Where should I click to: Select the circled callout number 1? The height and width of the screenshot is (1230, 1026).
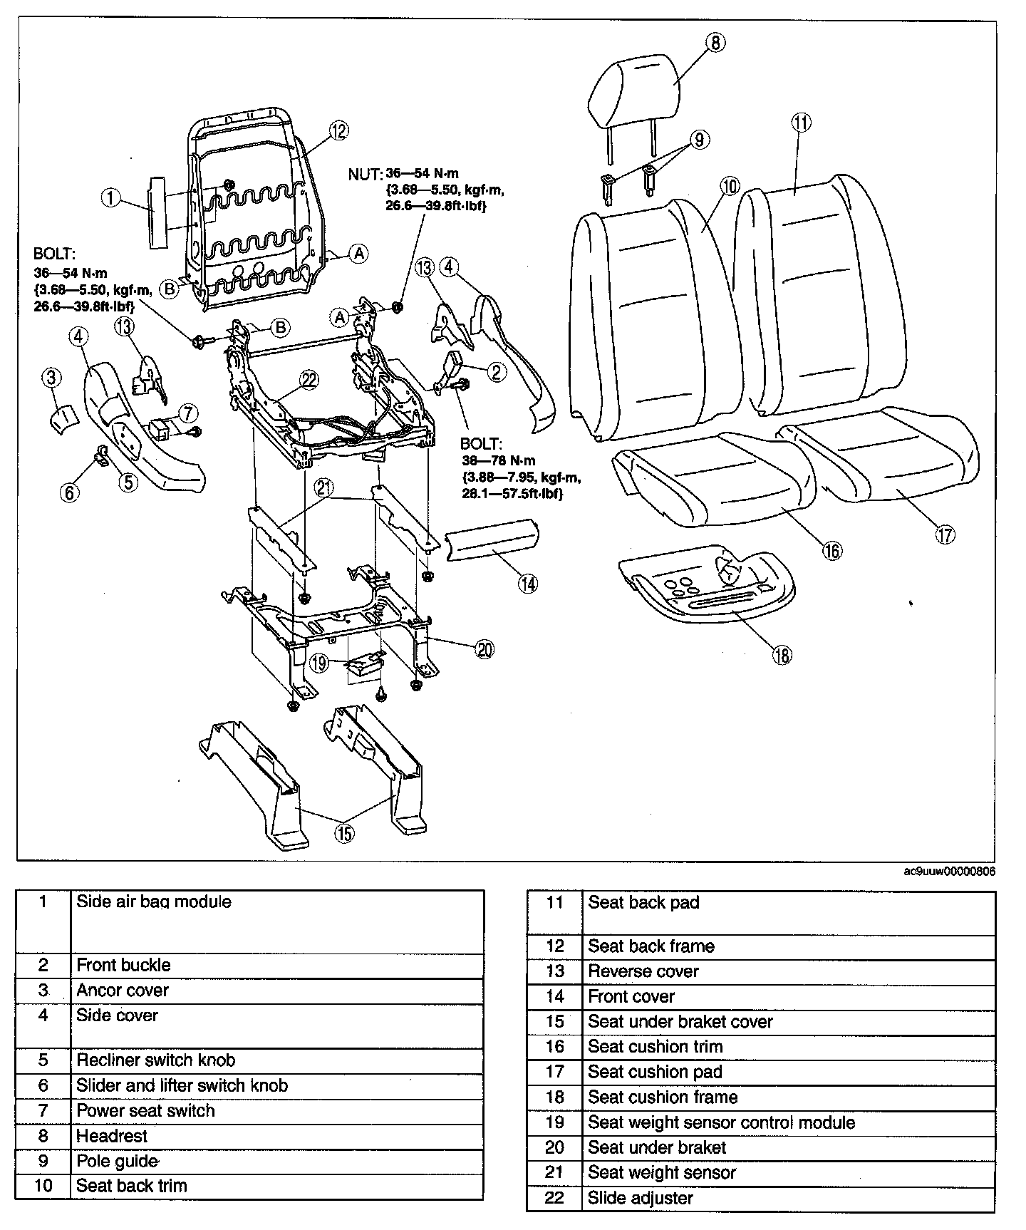[x=110, y=197]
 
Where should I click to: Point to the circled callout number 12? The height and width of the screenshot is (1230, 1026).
[x=338, y=130]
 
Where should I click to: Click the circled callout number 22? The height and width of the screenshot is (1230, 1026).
[x=309, y=380]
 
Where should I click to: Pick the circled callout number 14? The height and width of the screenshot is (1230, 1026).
[x=527, y=584]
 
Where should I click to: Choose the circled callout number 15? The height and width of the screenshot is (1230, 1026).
[x=344, y=832]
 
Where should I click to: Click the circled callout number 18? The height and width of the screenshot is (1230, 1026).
[x=782, y=654]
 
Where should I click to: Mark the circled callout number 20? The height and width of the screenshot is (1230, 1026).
[x=484, y=649]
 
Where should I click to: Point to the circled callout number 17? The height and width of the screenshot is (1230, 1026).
[x=945, y=534]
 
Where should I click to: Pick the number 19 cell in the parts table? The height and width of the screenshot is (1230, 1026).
[x=554, y=1122]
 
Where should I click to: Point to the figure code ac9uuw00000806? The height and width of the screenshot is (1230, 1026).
[x=949, y=872]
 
